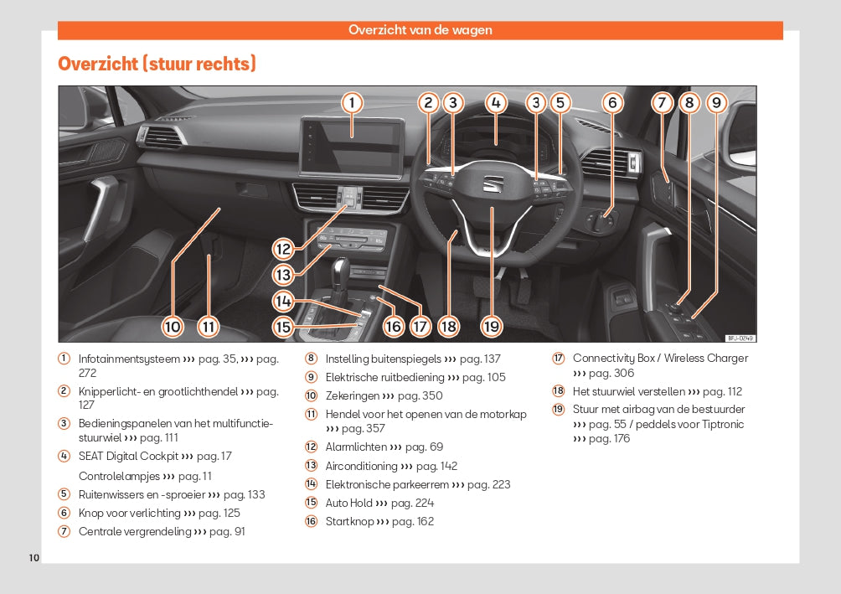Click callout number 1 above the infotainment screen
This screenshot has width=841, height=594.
[x=353, y=103]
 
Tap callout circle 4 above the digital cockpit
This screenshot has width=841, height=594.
[x=496, y=103]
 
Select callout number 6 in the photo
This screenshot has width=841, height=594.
[x=612, y=103]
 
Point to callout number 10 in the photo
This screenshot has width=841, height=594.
[x=173, y=326]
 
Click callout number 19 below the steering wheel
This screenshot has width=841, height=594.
[x=491, y=326]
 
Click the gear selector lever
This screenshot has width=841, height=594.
[x=343, y=276]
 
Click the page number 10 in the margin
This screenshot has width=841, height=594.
[x=34, y=557]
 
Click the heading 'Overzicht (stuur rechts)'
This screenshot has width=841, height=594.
[x=157, y=64]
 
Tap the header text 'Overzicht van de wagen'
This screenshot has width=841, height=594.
[x=420, y=30]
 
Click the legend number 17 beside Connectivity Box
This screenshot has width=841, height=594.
[x=558, y=359]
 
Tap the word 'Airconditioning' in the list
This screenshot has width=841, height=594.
[x=361, y=466]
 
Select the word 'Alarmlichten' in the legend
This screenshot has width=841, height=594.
[x=356, y=447]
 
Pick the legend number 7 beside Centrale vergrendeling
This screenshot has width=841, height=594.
[x=64, y=531]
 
